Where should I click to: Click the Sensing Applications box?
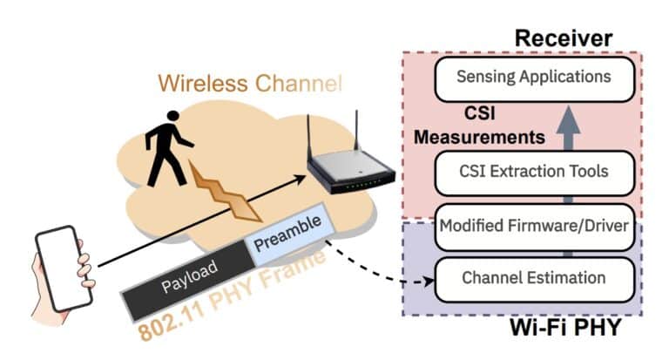(x=533, y=78)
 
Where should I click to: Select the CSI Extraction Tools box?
(x=533, y=171)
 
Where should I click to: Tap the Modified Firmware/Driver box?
(x=533, y=226)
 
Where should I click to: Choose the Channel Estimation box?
(x=533, y=279)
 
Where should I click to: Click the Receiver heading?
(x=563, y=37)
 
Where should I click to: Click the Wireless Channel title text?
(x=251, y=84)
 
